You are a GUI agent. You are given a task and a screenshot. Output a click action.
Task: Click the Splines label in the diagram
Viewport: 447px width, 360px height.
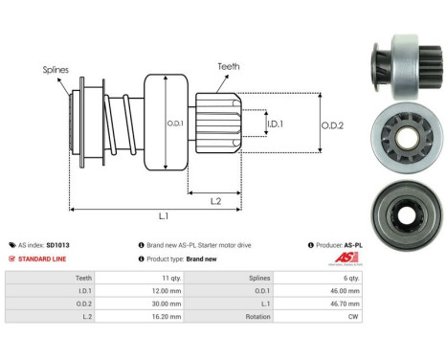56,70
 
